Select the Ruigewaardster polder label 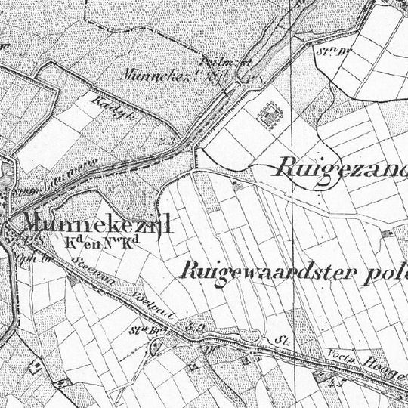coord(295,271)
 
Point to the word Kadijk coord(109,106)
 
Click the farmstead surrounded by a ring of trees coord(270,113)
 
